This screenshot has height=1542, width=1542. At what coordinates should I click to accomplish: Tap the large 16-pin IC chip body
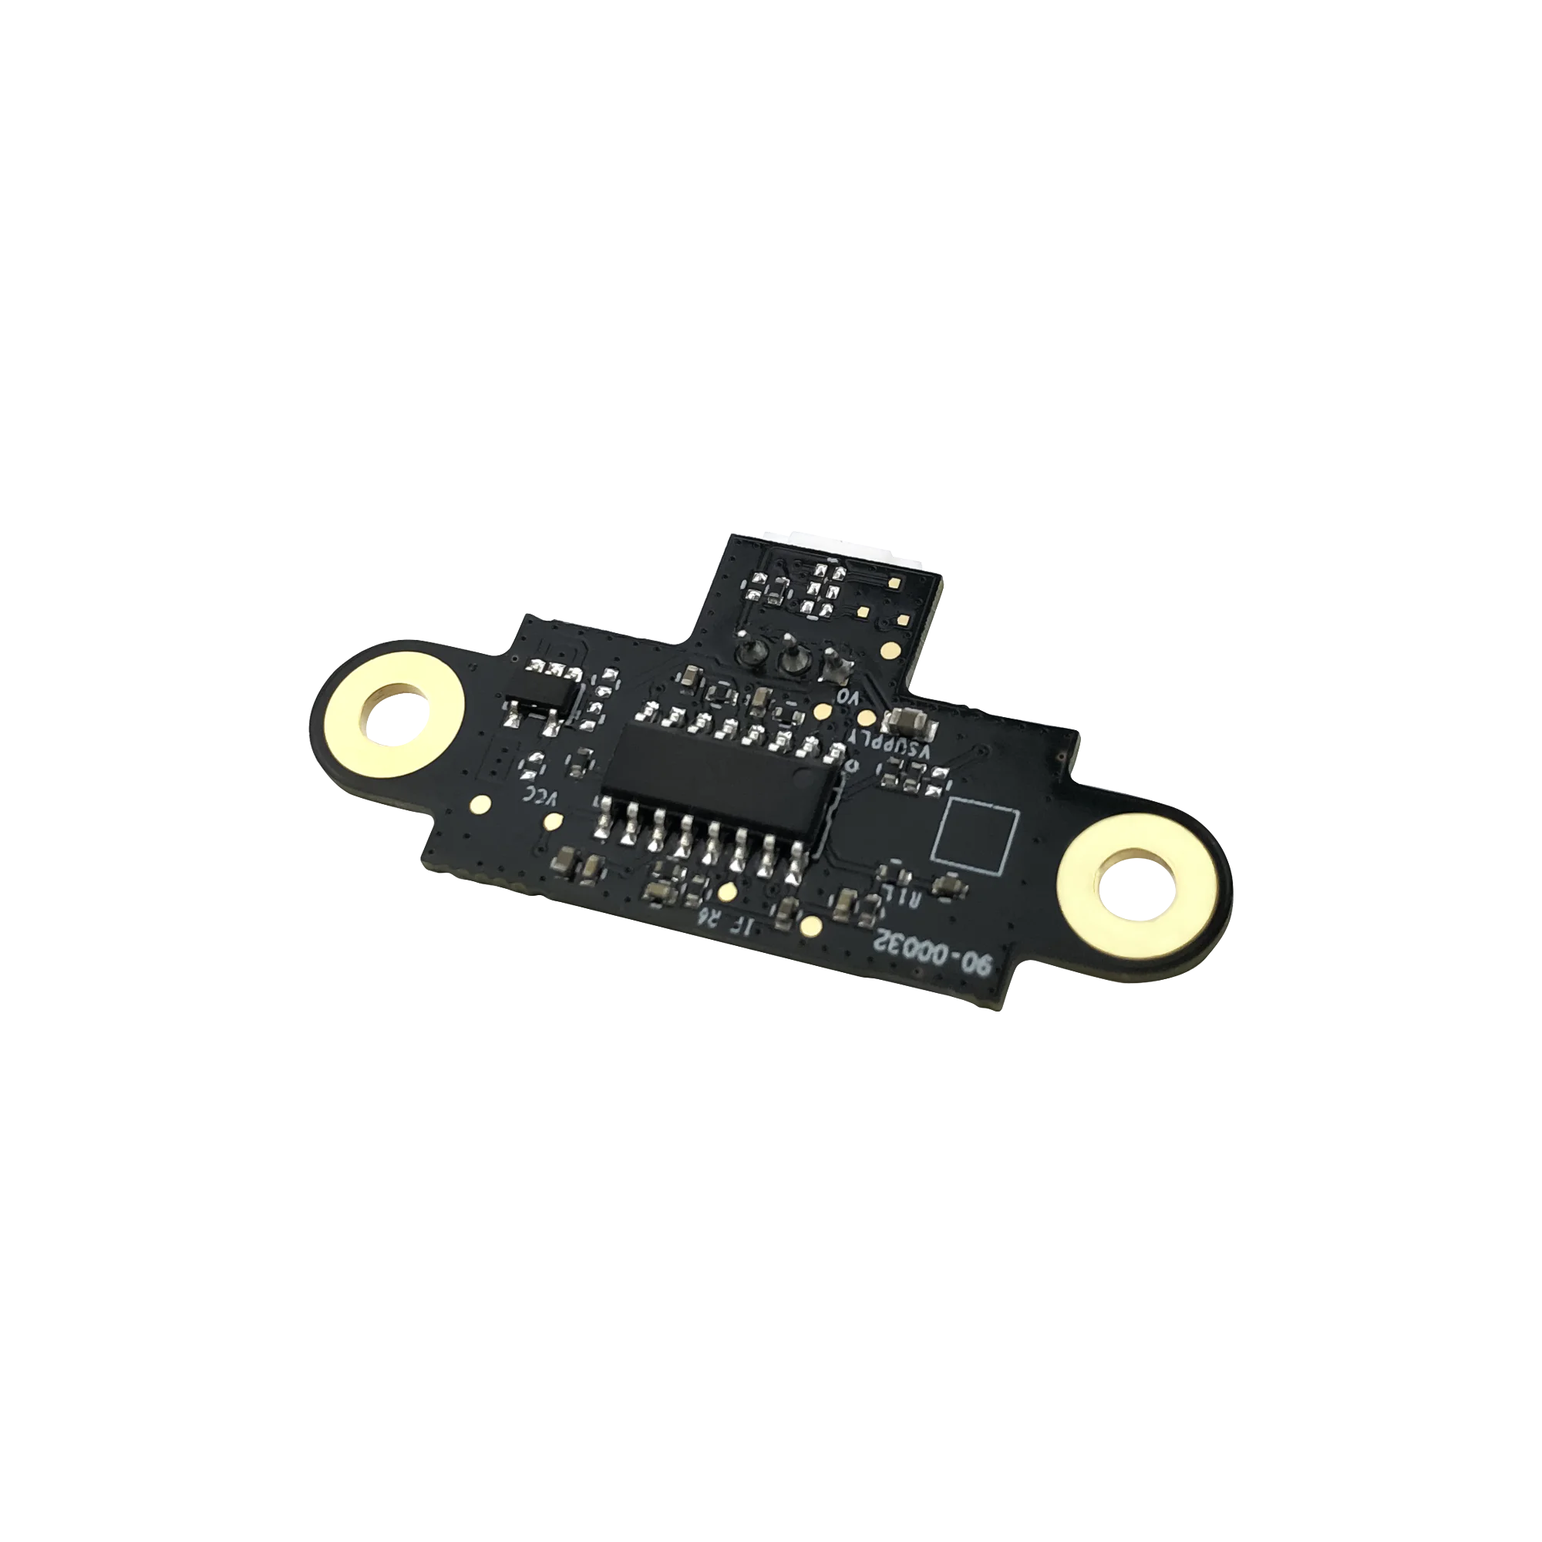pyautogui.click(x=722, y=767)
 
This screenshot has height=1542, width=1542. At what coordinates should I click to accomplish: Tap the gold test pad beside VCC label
pyautogui.click(x=480, y=802)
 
